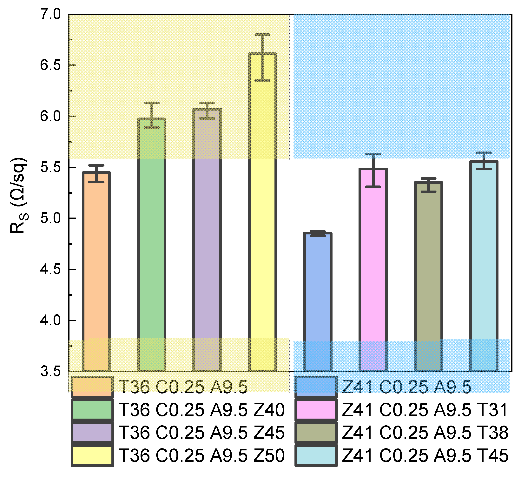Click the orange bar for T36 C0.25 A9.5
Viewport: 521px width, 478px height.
tap(96, 272)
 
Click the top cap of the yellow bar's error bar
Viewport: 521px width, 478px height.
tap(262, 34)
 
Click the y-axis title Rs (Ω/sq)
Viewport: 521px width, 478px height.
tap(18, 195)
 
